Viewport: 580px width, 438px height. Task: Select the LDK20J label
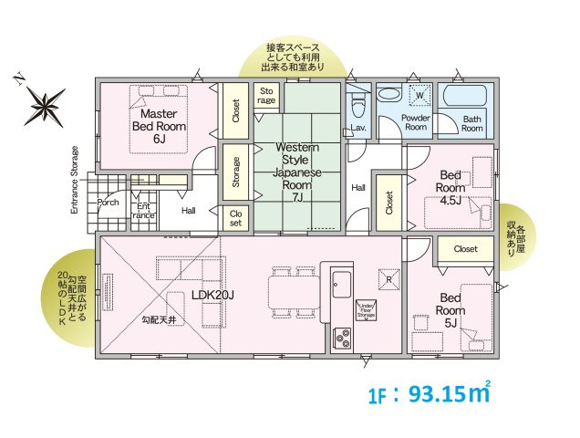pos(213,295)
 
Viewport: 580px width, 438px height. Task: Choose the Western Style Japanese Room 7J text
pos(296,172)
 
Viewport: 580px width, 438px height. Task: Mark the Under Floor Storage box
pos(367,310)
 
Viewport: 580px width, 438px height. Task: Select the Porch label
pos(109,203)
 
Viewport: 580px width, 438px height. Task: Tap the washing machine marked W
pos(420,96)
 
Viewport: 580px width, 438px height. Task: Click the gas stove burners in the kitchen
pos(344,337)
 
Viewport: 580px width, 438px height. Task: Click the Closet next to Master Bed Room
pos(235,111)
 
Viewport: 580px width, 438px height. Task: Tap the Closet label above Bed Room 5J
pos(465,248)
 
